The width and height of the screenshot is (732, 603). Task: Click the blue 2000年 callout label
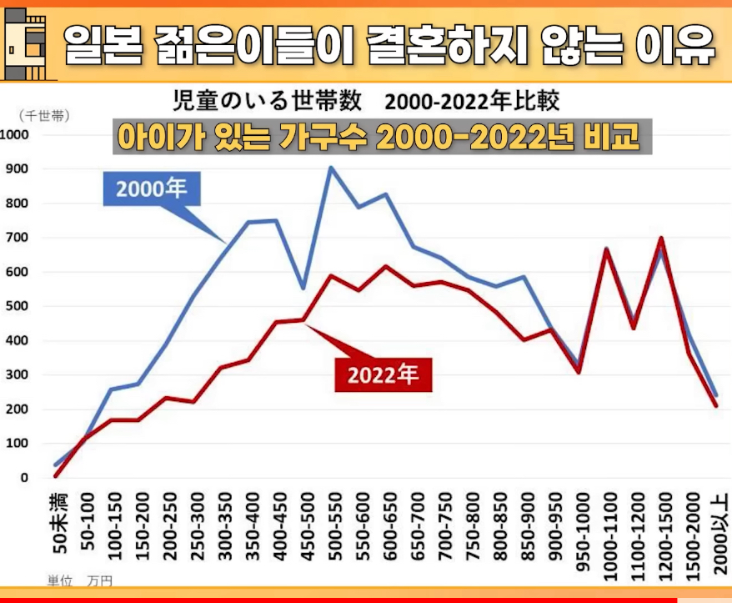pyautogui.click(x=152, y=190)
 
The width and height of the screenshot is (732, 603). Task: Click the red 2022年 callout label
pyautogui.click(x=384, y=374)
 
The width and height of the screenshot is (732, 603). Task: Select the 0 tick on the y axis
pyautogui.click(x=24, y=478)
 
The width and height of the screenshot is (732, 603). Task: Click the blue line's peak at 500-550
pyautogui.click(x=331, y=168)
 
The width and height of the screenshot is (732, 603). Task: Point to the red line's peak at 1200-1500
pyautogui.click(x=662, y=239)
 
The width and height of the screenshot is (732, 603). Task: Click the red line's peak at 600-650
pyautogui.click(x=384, y=266)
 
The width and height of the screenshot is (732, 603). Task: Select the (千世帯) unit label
pyautogui.click(x=43, y=116)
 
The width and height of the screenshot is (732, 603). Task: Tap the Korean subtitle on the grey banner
pyautogui.click(x=383, y=138)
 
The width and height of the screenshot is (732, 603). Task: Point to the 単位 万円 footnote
pyautogui.click(x=79, y=579)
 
